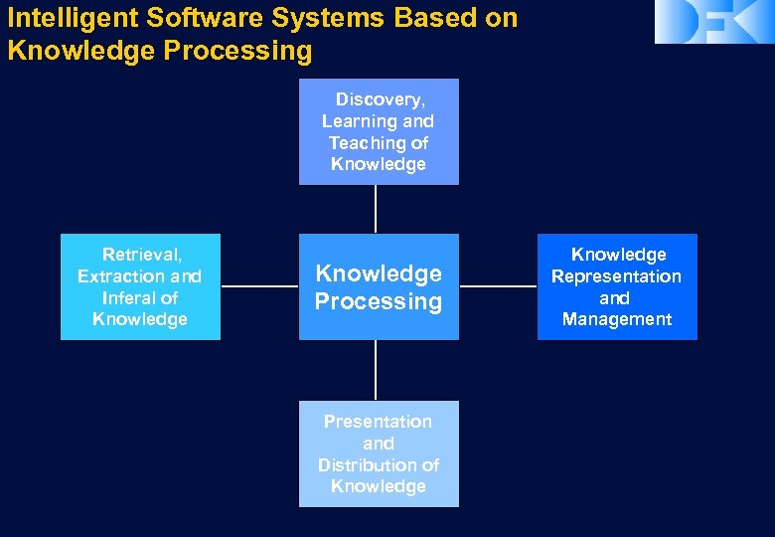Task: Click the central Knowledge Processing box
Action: [x=379, y=287]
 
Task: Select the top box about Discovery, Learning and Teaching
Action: [x=379, y=132]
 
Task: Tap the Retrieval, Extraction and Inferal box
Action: [x=140, y=287]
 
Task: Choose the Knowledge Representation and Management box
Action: [x=617, y=287]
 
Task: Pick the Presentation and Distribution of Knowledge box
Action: [x=379, y=454]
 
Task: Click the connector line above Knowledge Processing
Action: [x=376, y=209]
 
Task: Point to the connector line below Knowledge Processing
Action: [x=376, y=370]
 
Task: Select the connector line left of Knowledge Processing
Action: [x=259, y=286]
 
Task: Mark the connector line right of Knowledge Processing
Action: [x=498, y=286]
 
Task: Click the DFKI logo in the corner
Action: [x=713, y=22]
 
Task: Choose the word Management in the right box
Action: [x=617, y=319]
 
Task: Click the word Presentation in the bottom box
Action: [x=378, y=422]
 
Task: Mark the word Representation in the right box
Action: [x=617, y=276]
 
